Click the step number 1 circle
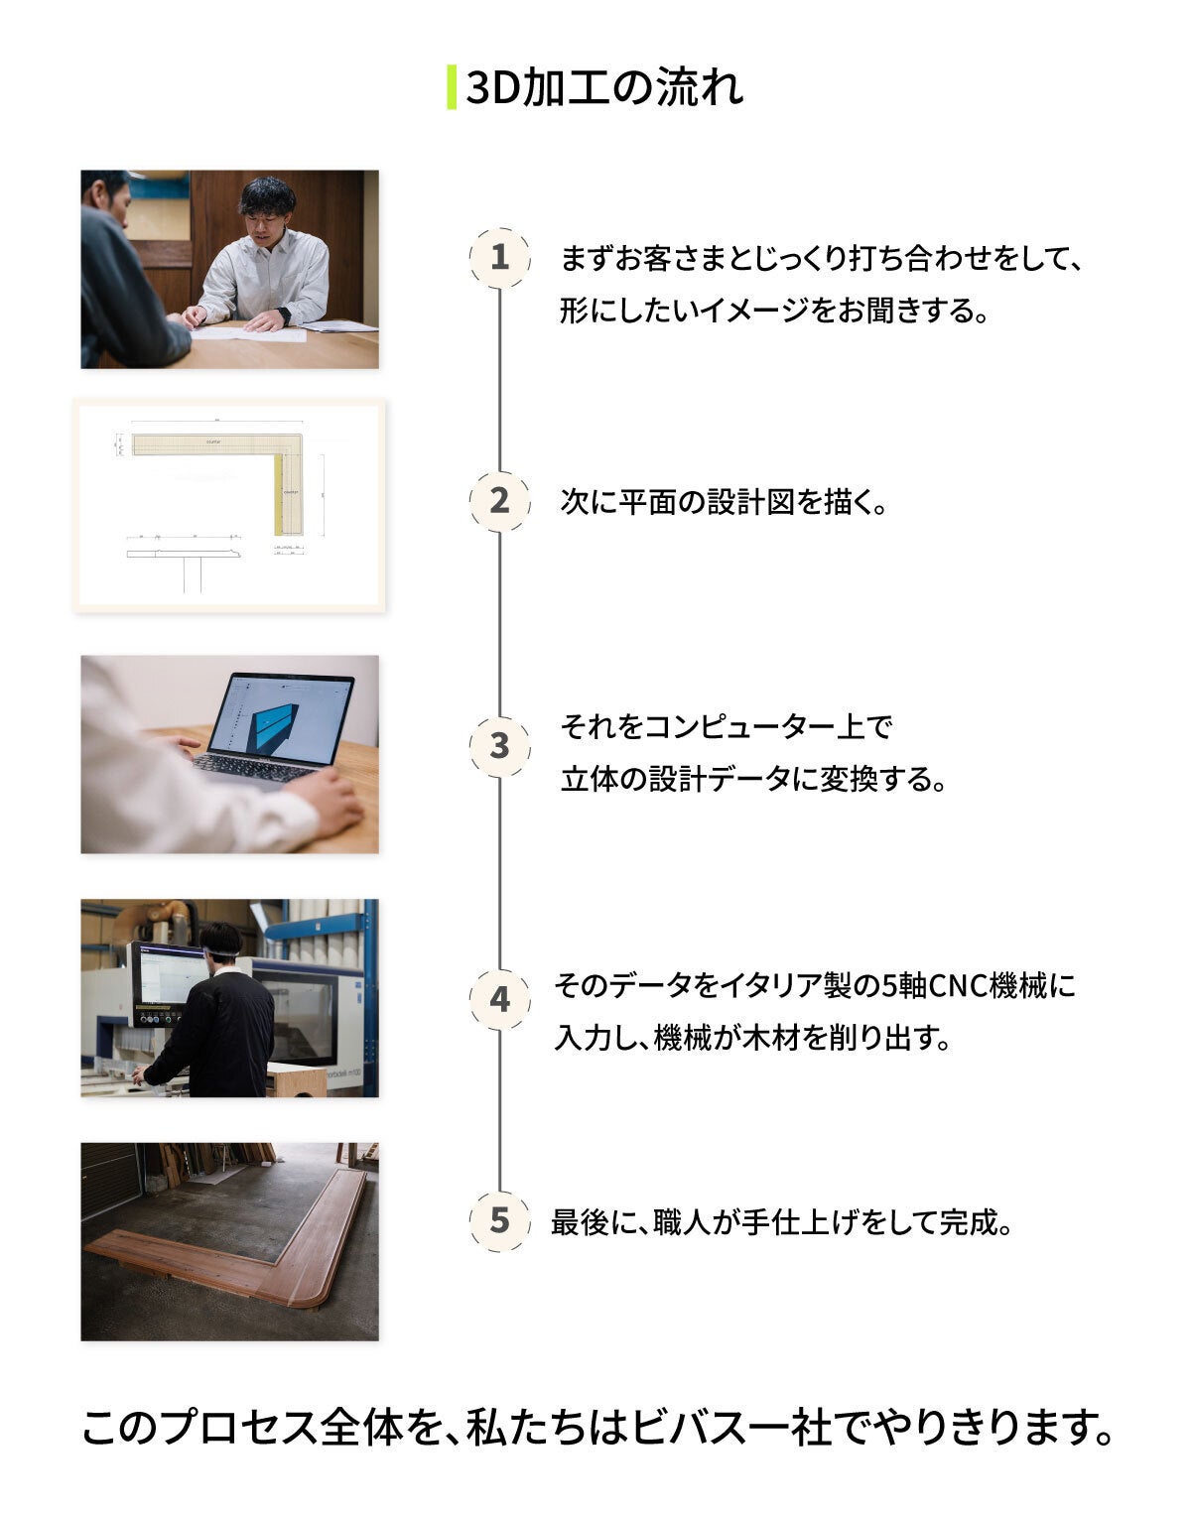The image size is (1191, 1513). (x=499, y=257)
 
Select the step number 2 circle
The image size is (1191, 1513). (x=499, y=501)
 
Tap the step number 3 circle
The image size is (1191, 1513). (x=499, y=746)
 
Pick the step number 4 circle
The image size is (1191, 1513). (x=499, y=999)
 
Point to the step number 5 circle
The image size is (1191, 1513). (x=499, y=1221)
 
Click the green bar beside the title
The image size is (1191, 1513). (x=452, y=87)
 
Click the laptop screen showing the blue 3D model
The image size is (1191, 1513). (x=282, y=718)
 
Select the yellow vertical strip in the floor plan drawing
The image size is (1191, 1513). (x=278, y=493)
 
